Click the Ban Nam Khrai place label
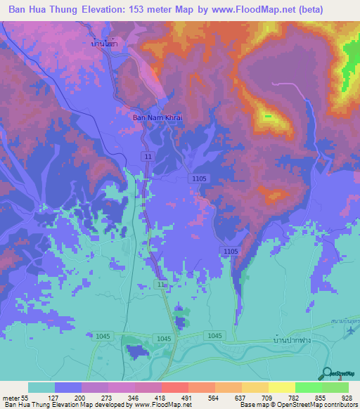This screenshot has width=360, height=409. pos(157,117)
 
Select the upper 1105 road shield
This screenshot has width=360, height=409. pos(199,179)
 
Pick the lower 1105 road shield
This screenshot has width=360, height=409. pos(230,251)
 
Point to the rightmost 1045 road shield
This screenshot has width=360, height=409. pos(214,337)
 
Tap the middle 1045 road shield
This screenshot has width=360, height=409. pos(164,339)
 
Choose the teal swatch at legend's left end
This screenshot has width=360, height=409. pos(41,387)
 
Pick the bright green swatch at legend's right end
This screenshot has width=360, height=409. pos(335,387)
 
